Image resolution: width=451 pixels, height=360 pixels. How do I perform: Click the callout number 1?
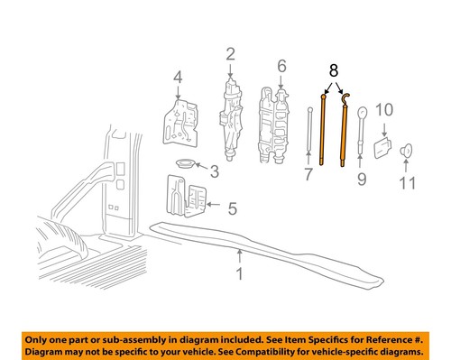click(239, 271)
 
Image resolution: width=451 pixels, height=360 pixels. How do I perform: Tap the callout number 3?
click(214, 172)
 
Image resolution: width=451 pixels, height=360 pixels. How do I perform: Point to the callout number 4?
click(178, 77)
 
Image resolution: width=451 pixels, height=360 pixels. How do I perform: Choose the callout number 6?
click(281, 66)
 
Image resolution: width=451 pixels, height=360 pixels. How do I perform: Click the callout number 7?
click(308, 172)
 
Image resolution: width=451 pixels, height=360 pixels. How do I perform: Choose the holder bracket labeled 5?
click(187, 197)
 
